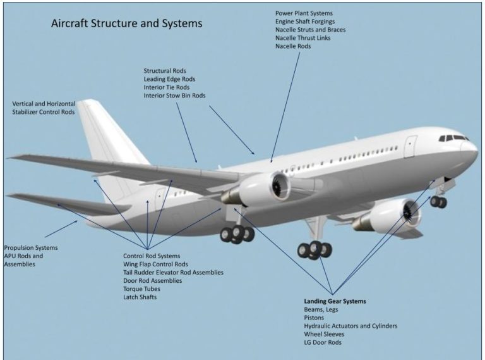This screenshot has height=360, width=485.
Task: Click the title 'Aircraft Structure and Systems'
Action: click(x=126, y=24)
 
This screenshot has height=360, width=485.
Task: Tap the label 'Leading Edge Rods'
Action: click(x=169, y=79)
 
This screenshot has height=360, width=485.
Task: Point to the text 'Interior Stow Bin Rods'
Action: click(x=174, y=96)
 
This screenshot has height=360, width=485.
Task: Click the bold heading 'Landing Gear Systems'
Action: click(x=335, y=301)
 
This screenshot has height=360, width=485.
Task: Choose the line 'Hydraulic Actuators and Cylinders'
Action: click(x=350, y=326)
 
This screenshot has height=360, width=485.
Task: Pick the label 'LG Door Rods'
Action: click(x=323, y=342)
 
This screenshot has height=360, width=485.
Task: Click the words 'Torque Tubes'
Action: click(x=142, y=289)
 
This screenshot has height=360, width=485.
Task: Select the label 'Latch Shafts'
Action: click(x=140, y=297)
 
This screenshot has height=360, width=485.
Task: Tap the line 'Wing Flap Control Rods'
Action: click(x=155, y=264)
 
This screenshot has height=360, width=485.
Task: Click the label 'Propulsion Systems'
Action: click(x=30, y=248)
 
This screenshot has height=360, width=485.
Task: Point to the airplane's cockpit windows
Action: click(x=453, y=138)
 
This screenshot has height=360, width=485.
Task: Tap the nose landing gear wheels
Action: click(x=438, y=202)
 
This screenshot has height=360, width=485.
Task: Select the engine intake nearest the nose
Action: click(x=410, y=214)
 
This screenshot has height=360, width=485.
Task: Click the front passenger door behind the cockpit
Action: click(x=410, y=146)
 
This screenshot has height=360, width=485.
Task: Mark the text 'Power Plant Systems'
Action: click(x=304, y=13)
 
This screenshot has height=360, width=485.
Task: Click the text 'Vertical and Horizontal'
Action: click(x=44, y=104)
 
